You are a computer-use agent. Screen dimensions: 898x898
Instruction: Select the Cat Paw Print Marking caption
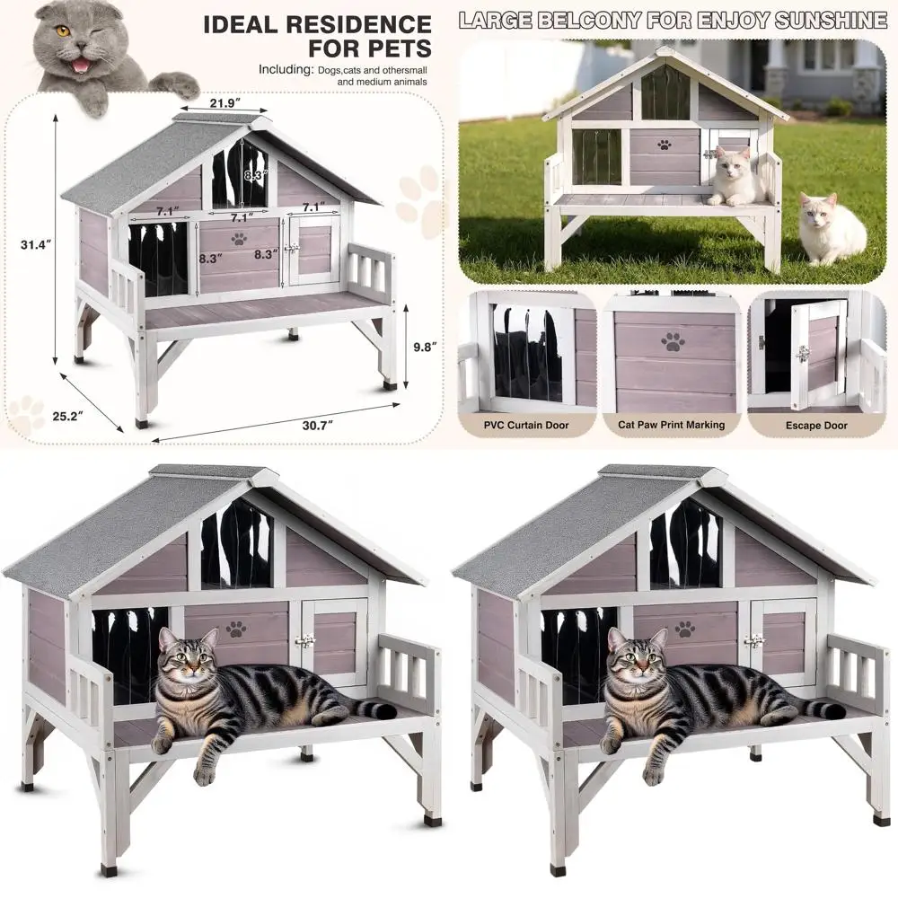click(672, 425)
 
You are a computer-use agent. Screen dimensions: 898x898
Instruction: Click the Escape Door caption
click(816, 425)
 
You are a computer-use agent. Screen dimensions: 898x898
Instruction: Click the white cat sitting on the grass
click(832, 231)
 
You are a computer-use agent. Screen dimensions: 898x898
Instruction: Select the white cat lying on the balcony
click(736, 177)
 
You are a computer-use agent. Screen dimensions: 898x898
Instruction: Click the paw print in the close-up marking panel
click(673, 340)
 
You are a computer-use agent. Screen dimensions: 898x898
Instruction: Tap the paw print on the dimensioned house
click(239, 239)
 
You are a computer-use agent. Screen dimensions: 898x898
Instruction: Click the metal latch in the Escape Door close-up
click(802, 353)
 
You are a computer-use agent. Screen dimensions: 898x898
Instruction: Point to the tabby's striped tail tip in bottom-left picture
click(386, 711)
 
